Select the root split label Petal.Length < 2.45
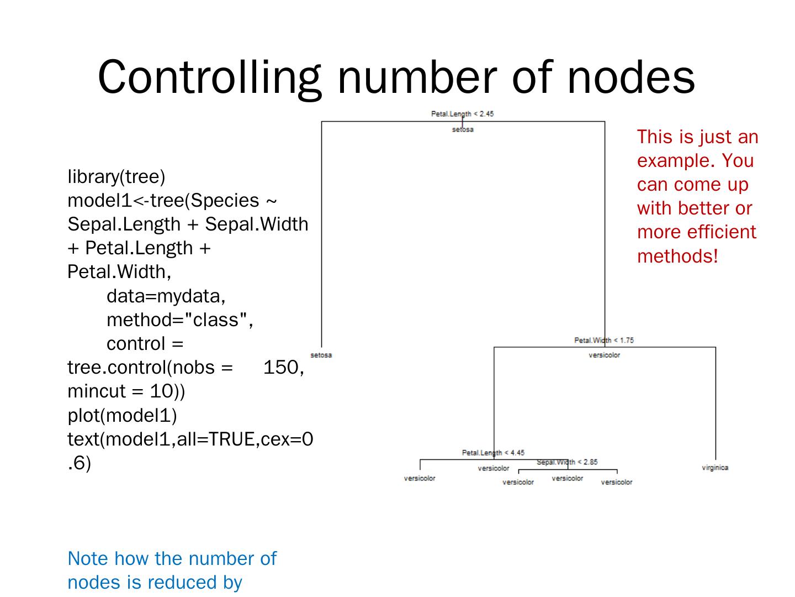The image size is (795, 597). click(462, 114)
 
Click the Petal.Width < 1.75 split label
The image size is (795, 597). click(604, 340)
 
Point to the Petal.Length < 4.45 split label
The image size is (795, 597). click(493, 453)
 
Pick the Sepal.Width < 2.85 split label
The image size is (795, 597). click(567, 462)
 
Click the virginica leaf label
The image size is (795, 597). click(715, 468)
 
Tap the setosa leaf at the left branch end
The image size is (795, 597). click(321, 355)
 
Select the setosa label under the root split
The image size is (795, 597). click(463, 129)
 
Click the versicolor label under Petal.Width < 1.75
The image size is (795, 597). click(604, 355)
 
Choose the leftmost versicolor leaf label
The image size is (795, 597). click(420, 478)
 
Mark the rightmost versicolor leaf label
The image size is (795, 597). click(617, 482)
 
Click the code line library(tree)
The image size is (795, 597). click(116, 177)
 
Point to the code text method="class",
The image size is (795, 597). click(180, 320)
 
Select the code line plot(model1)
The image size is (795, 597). click(122, 415)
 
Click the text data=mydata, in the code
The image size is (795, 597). click(166, 296)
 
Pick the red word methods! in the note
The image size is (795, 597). click(677, 256)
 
